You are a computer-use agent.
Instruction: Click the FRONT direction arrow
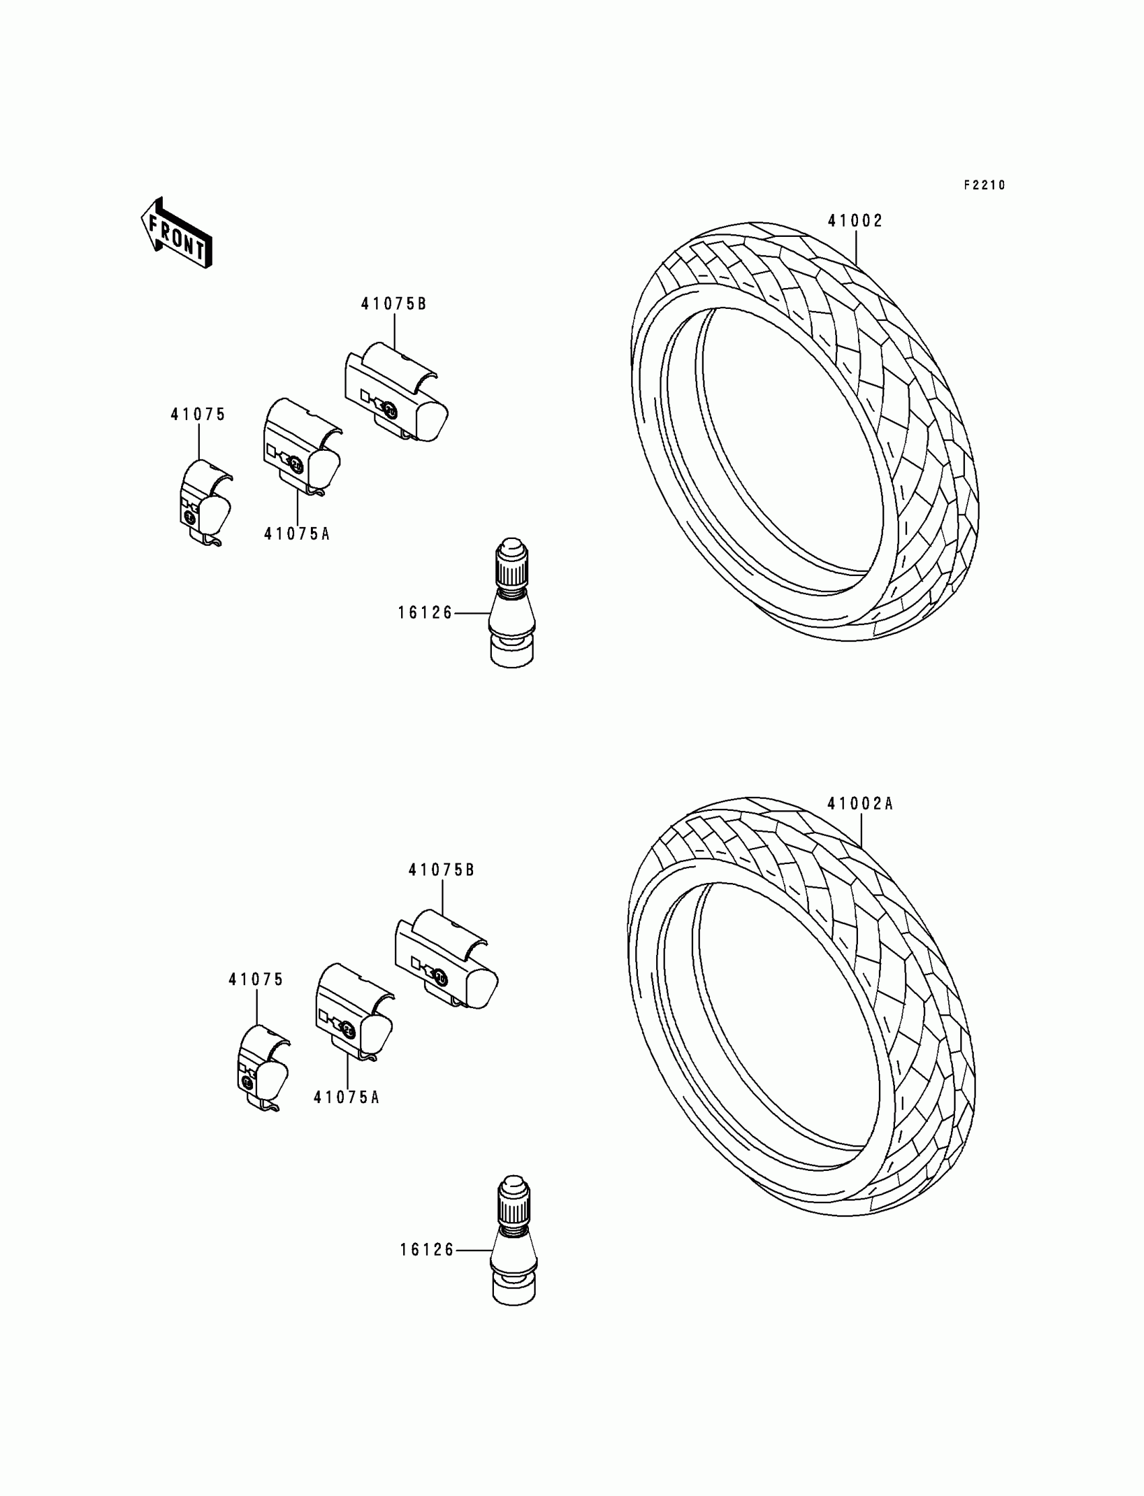176,233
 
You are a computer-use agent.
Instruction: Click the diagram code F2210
984,185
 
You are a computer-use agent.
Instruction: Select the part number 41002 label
855,221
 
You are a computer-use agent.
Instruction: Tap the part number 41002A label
860,804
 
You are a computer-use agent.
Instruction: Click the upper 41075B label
394,304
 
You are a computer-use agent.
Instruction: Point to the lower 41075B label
441,870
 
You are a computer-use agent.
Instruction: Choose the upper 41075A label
297,534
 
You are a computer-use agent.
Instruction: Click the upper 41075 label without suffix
198,414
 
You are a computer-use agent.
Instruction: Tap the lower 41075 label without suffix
256,979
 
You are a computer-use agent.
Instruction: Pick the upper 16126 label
425,613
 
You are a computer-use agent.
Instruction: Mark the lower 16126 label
427,1250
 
